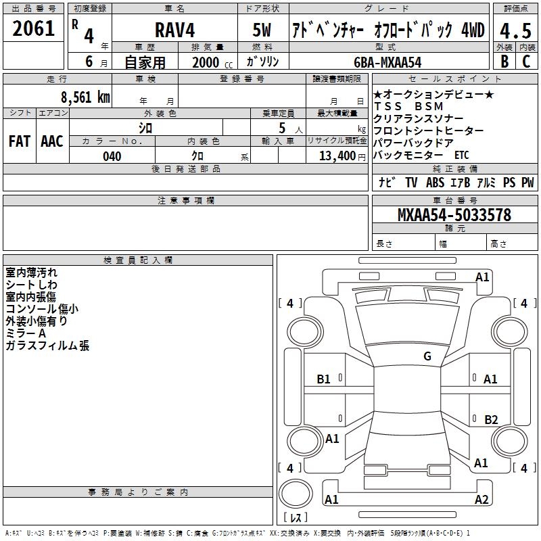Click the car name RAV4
[x=174, y=30]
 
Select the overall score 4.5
[x=515, y=31]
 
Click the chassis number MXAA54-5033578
[x=454, y=215]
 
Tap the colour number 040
[x=112, y=156]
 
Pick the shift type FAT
[x=20, y=141]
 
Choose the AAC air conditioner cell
[x=52, y=141]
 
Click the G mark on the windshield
[x=427, y=356]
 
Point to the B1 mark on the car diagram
[x=324, y=379]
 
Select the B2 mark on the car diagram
[x=491, y=419]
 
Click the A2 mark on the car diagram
[x=481, y=500]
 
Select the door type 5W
[x=262, y=30]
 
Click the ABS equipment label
[x=435, y=182]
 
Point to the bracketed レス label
[x=295, y=518]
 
